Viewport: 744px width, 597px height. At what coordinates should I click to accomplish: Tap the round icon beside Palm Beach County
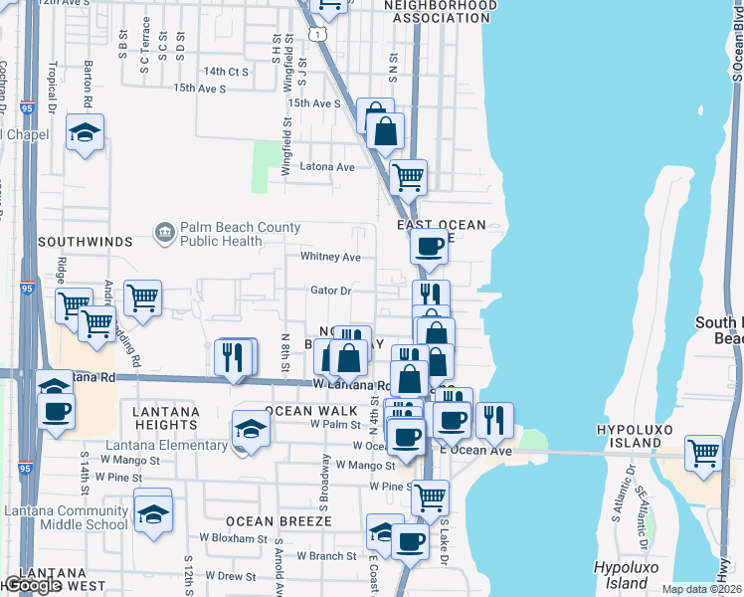[x=165, y=234]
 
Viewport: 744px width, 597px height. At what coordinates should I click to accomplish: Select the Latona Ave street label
[x=327, y=167]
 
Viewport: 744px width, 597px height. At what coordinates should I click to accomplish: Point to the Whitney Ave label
[x=330, y=257]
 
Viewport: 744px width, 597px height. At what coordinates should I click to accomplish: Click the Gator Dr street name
[x=331, y=291]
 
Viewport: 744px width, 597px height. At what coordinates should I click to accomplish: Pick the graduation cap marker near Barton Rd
[x=85, y=132]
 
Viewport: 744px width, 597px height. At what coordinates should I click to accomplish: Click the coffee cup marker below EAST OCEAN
[x=429, y=245]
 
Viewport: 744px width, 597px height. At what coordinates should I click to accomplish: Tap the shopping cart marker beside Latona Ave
[x=408, y=177]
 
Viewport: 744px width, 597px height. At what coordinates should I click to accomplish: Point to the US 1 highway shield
[x=317, y=35]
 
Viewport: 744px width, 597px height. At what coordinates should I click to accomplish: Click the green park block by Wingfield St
[x=266, y=166]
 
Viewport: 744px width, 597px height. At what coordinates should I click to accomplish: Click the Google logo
[x=33, y=585]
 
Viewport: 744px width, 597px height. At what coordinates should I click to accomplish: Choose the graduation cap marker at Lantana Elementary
[x=252, y=429]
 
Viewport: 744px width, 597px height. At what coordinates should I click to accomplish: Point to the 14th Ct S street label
[x=225, y=72]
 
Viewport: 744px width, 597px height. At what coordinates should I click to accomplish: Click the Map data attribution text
[x=702, y=589]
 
